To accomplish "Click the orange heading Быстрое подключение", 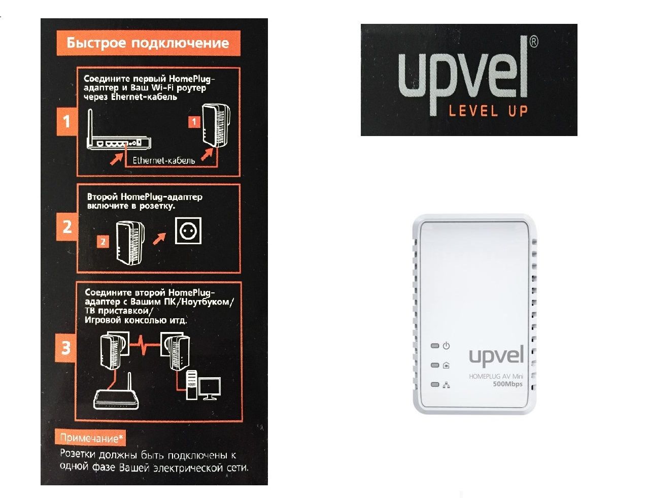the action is click(x=148, y=43).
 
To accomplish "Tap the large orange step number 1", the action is click(x=66, y=122).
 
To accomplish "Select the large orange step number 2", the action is click(x=67, y=227).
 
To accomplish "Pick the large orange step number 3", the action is click(x=65, y=348).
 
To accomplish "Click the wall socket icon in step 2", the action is click(x=188, y=230).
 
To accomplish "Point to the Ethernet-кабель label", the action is click(x=164, y=160).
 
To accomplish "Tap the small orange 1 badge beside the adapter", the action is click(x=194, y=122).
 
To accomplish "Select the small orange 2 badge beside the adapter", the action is click(x=103, y=242).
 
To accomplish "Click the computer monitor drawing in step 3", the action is click(x=210, y=388).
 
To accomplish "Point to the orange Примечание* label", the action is click(x=91, y=438).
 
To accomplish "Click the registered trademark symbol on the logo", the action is click(x=534, y=42).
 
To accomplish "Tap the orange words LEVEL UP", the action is click(x=488, y=111).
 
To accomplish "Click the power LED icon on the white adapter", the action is click(x=446, y=346).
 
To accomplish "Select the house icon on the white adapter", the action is click(x=446, y=365).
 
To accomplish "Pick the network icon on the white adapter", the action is click(x=446, y=385).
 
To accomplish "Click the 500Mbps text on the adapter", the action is click(x=507, y=384).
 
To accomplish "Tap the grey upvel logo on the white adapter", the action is click(x=496, y=356).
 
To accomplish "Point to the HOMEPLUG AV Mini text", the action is click(x=496, y=376).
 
